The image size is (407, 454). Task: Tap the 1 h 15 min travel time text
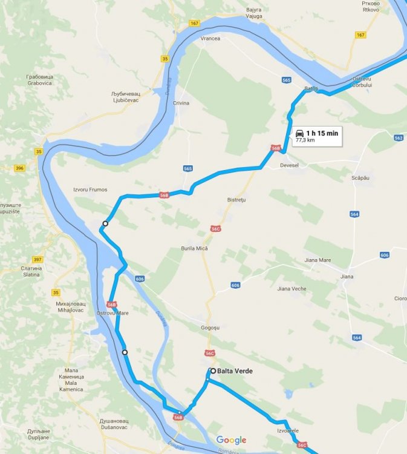tap(322, 133)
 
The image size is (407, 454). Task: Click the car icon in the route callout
tap(299, 133)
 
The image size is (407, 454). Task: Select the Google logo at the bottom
tap(231, 440)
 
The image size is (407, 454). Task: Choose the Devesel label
tap(291, 165)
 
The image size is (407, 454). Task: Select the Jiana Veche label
tap(291, 289)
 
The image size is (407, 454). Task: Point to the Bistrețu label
tap(237, 200)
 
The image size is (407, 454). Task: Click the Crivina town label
tap(181, 103)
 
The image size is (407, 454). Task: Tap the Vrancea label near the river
tap(210, 38)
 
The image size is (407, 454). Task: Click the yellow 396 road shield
tap(20, 168)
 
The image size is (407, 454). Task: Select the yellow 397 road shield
tap(37, 260)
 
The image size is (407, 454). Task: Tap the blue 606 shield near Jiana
tap(385, 255)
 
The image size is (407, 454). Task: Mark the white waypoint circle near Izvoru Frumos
tap(105, 223)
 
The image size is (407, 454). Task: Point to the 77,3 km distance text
tap(305, 140)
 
